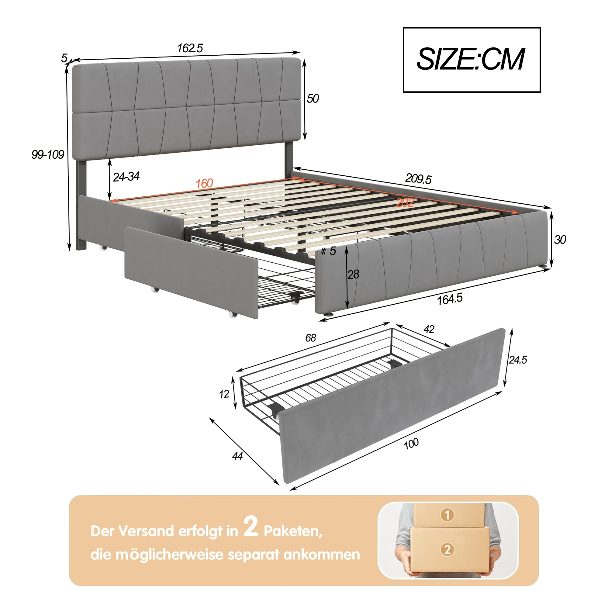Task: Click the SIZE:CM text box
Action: [x=472, y=60]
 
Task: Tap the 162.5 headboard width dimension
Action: [x=190, y=48]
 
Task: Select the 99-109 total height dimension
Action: [x=48, y=154]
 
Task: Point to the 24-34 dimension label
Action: [x=126, y=177]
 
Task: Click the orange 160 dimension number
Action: [x=204, y=184]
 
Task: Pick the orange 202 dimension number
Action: [x=405, y=202]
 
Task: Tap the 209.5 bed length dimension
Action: [x=418, y=179]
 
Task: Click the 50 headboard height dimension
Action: [x=313, y=99]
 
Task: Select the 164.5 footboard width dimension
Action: [x=450, y=299]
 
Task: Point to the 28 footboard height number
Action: [x=353, y=275]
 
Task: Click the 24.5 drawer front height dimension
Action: [x=518, y=360]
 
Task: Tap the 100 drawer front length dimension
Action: [x=411, y=444]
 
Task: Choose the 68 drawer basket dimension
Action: [x=310, y=338]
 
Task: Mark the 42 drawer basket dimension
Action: [x=429, y=329]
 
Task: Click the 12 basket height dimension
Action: [x=224, y=394]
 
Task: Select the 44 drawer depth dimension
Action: [x=237, y=456]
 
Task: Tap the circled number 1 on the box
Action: [x=447, y=515]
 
